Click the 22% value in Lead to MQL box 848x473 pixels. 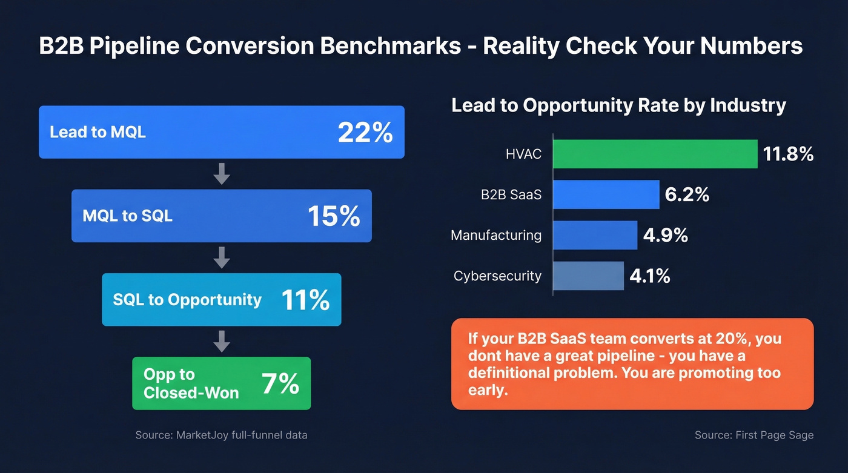click(x=365, y=133)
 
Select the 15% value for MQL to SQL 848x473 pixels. click(x=334, y=216)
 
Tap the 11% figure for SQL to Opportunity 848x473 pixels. click(x=305, y=300)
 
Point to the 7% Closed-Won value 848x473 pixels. click(x=280, y=383)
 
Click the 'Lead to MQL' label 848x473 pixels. click(x=98, y=132)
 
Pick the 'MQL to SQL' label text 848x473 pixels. click(x=127, y=216)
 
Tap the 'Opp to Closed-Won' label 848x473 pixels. click(x=191, y=383)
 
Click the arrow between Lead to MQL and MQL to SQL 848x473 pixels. click(x=222, y=174)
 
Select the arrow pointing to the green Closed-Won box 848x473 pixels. click(x=222, y=342)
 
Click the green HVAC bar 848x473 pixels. click(x=655, y=154)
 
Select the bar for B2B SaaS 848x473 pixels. click(x=606, y=194)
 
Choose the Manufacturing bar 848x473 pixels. click(x=595, y=235)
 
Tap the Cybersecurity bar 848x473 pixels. click(x=588, y=276)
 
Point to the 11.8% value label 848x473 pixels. click(x=788, y=154)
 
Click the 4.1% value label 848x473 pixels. click(x=650, y=276)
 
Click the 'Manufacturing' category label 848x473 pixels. click(x=496, y=235)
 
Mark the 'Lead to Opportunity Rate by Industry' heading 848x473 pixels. click(x=618, y=105)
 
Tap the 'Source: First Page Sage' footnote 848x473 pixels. click(x=754, y=435)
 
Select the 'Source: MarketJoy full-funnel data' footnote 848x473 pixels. click(x=221, y=435)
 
